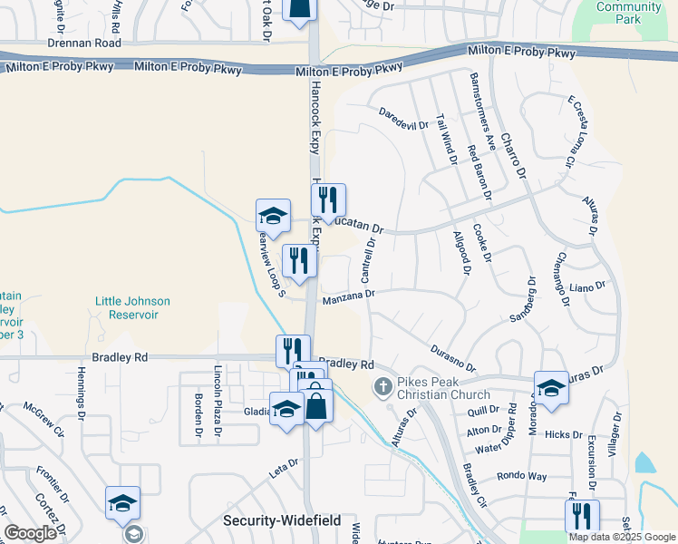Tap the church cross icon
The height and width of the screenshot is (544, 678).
[x=383, y=387]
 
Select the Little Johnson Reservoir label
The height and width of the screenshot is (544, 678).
[x=132, y=307]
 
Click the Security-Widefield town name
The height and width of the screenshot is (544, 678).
[x=282, y=520]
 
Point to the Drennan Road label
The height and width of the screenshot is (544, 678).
[x=84, y=44]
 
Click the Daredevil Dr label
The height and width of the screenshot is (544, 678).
[x=403, y=120]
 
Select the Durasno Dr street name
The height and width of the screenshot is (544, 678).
[x=452, y=356]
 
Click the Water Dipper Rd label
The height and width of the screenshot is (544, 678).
[x=501, y=446]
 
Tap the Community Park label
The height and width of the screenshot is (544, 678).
[x=628, y=13]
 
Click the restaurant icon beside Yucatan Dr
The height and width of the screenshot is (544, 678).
[x=328, y=200]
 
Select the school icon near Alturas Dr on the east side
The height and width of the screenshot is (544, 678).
[x=551, y=388]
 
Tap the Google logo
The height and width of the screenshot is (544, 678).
[x=30, y=533]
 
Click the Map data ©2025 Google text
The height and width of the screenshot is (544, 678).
[x=622, y=537]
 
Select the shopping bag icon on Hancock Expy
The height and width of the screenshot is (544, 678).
[x=317, y=407]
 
